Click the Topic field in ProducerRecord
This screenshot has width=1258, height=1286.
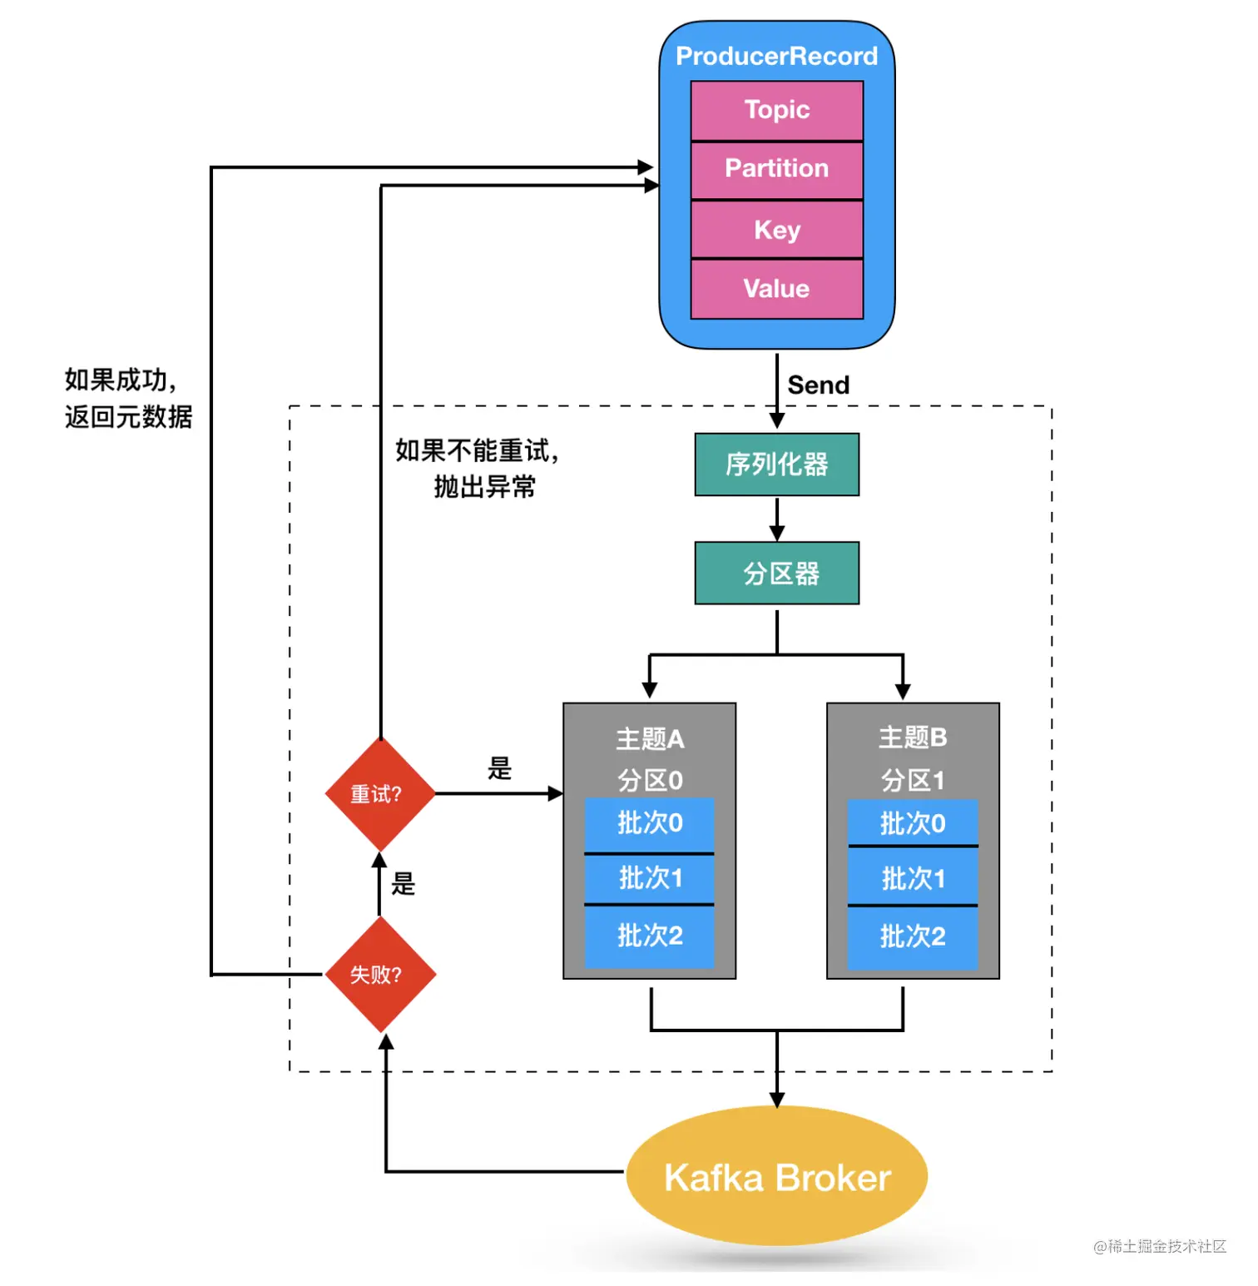pyautogui.click(x=776, y=111)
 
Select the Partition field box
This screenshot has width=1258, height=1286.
pyautogui.click(x=776, y=169)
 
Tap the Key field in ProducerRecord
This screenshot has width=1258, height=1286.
pyautogui.click(x=776, y=230)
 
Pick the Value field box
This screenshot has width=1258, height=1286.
pyautogui.click(x=776, y=289)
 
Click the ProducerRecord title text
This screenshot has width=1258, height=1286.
pyautogui.click(x=776, y=56)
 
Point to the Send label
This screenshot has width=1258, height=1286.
pyautogui.click(x=818, y=385)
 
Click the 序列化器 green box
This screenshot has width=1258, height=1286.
pyautogui.click(x=776, y=464)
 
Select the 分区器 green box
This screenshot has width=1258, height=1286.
pyautogui.click(x=776, y=573)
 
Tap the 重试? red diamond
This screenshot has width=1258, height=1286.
pyautogui.click(x=379, y=794)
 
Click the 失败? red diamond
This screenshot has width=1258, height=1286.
pyautogui.click(x=379, y=974)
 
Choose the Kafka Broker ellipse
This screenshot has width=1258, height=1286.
pyautogui.click(x=776, y=1177)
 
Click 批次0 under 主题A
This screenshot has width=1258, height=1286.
pyautogui.click(x=649, y=824)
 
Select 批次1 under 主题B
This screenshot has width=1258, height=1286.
pyautogui.click(x=913, y=878)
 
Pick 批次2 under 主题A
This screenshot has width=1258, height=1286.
pyautogui.click(x=649, y=936)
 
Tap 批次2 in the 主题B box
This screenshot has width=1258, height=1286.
pyautogui.click(x=913, y=937)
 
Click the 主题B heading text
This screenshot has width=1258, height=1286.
pyautogui.click(x=913, y=737)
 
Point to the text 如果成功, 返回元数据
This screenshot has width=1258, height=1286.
pyautogui.click(x=128, y=398)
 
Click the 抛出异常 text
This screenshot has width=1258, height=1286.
pyautogui.click(x=484, y=487)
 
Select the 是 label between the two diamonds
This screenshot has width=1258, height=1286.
pyautogui.click(x=404, y=884)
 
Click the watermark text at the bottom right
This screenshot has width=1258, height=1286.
pyautogui.click(x=1160, y=1246)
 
